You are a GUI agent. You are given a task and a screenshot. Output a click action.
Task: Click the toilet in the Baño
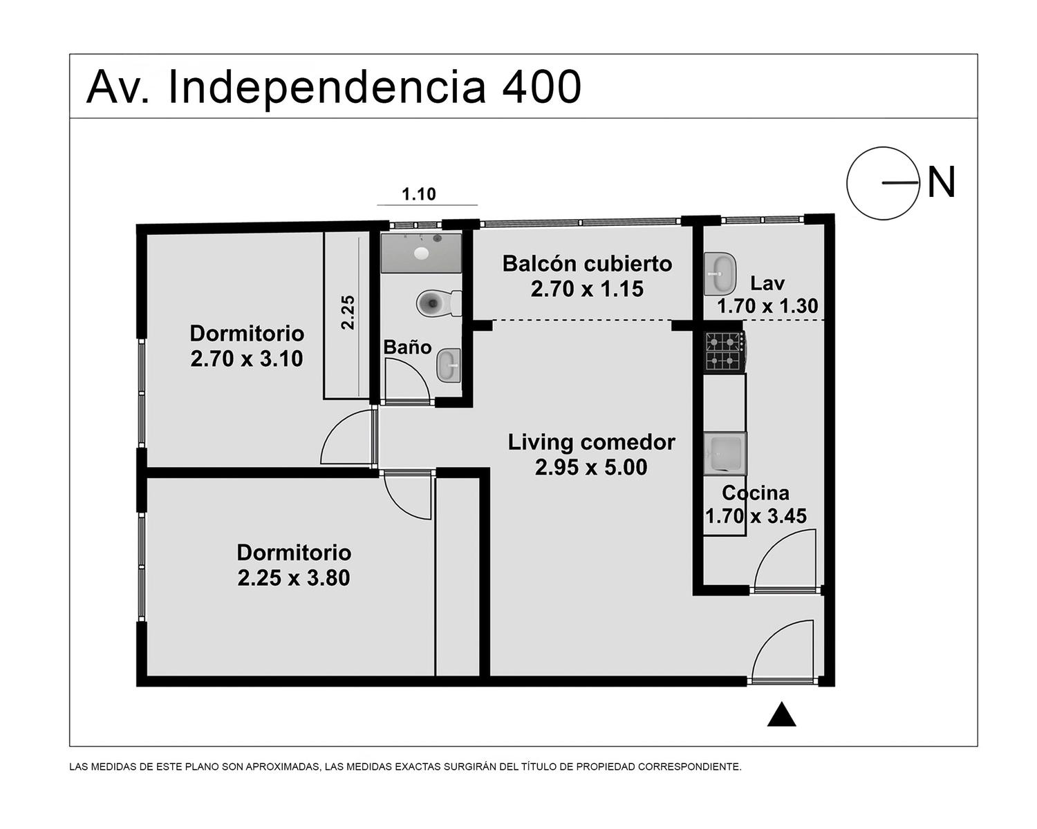click(438, 303)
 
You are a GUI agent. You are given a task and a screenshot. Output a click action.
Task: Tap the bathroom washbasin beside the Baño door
click(449, 365)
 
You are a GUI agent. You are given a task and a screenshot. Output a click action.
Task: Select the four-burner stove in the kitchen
click(725, 351)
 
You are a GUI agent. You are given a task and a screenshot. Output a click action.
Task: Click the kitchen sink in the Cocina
click(725, 454)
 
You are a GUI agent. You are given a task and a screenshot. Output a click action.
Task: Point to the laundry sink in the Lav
click(720, 273)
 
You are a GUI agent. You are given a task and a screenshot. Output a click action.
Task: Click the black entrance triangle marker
click(781, 714)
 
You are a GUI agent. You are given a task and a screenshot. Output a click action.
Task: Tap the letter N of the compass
click(941, 182)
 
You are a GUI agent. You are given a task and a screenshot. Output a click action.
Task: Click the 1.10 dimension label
click(419, 194)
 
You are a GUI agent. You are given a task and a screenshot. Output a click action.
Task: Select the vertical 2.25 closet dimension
click(348, 312)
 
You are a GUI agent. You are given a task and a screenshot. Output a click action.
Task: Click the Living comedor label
click(591, 442)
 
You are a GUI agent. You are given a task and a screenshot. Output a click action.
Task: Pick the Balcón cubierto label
click(587, 263)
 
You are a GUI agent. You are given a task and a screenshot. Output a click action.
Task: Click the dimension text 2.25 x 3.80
click(293, 578)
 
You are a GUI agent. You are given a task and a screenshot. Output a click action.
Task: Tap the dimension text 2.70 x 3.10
click(247, 359)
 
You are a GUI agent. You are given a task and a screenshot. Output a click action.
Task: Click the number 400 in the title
click(541, 87)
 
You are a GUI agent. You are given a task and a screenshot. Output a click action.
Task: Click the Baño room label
click(407, 347)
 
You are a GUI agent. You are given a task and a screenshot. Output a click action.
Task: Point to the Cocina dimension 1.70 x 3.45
click(756, 516)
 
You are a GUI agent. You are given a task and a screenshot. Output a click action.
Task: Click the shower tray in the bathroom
click(421, 253)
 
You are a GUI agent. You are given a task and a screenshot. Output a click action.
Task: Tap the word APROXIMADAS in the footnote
click(282, 767)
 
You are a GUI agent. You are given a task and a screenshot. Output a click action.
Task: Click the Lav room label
click(767, 283)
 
